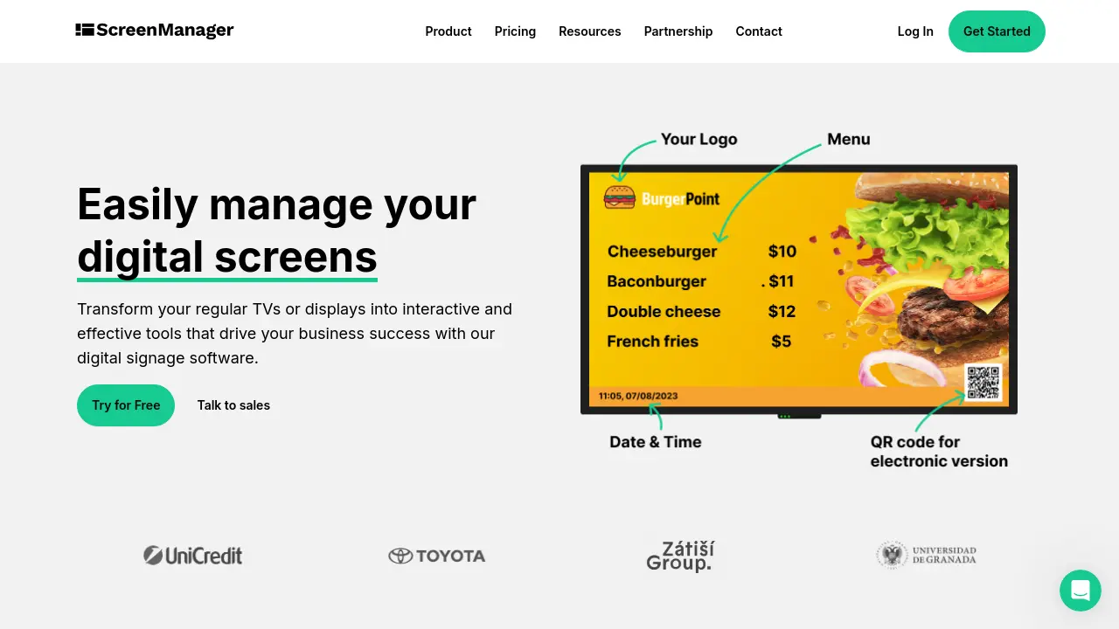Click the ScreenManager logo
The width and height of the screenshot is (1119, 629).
click(x=155, y=31)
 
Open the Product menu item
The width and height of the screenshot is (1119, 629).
click(x=448, y=31)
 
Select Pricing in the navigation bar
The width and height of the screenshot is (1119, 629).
click(x=515, y=31)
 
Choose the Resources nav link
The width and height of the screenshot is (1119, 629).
click(x=590, y=31)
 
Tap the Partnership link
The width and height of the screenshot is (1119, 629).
click(x=678, y=31)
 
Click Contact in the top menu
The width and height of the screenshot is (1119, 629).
click(x=759, y=31)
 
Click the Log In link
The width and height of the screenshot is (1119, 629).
click(x=915, y=31)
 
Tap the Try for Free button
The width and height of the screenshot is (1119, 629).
click(x=126, y=405)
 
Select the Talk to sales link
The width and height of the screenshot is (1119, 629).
click(x=233, y=405)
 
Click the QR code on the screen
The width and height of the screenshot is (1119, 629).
click(x=983, y=383)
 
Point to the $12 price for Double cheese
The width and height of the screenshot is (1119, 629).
click(x=782, y=312)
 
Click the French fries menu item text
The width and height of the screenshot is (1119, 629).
click(x=652, y=342)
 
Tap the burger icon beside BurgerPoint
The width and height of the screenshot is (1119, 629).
click(x=619, y=197)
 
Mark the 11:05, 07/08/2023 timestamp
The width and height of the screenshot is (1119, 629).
click(x=638, y=397)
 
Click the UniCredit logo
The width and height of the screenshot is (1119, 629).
click(x=193, y=556)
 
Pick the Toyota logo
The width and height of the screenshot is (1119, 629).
click(x=437, y=556)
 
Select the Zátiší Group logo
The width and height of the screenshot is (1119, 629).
click(x=680, y=556)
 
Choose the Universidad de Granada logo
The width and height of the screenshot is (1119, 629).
click(x=927, y=556)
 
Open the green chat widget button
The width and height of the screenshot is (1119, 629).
click(x=1080, y=591)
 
